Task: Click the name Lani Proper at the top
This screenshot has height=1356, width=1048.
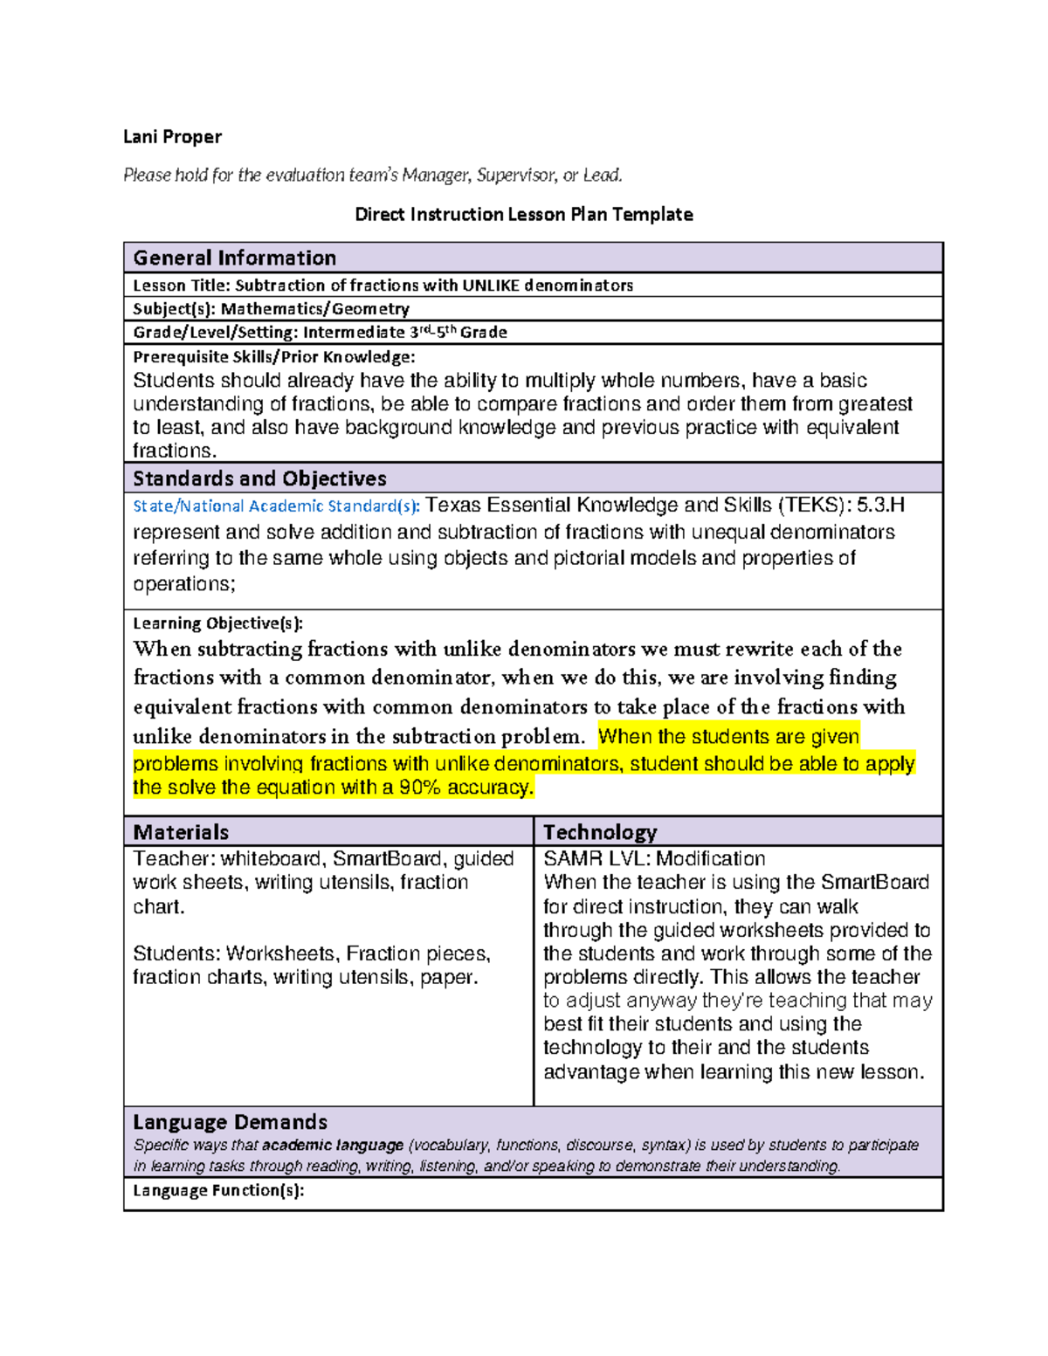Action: point(172,137)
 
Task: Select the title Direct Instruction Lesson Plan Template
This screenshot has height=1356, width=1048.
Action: point(523,215)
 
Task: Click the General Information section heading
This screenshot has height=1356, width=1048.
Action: point(234,258)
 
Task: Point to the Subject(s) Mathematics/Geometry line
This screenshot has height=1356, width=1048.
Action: point(271,309)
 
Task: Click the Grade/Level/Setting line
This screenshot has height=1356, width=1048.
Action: point(320,333)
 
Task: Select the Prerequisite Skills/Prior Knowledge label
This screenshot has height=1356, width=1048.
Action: point(273,357)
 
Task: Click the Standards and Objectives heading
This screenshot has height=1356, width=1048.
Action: point(259,478)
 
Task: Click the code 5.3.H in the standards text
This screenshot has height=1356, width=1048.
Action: point(880,506)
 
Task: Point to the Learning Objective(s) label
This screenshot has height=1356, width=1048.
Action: point(217,623)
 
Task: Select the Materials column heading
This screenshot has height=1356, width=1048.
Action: point(181,832)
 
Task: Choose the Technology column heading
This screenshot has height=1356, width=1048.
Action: point(600,832)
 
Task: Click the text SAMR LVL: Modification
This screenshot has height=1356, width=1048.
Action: point(654,859)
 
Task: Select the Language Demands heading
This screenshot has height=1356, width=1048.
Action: point(230,1122)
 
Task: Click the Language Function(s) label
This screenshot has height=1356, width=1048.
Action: point(218,1191)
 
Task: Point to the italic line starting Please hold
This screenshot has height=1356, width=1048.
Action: point(373,176)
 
